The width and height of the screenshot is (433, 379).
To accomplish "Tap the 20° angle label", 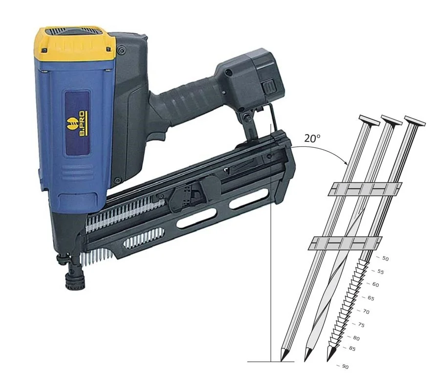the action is tap(312, 138).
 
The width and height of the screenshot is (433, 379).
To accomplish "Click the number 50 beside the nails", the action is tap(385, 258).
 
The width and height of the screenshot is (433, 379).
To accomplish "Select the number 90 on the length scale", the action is tap(345, 366).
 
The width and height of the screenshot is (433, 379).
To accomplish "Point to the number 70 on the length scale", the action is tap(366, 312).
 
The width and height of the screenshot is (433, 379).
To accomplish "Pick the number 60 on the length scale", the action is tap(375, 284).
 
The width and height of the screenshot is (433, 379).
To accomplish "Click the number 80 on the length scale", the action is tap(356, 338).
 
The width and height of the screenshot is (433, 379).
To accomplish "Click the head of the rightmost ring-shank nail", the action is tap(414, 121).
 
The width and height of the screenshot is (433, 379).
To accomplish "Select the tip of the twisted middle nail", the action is tap(305, 361).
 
